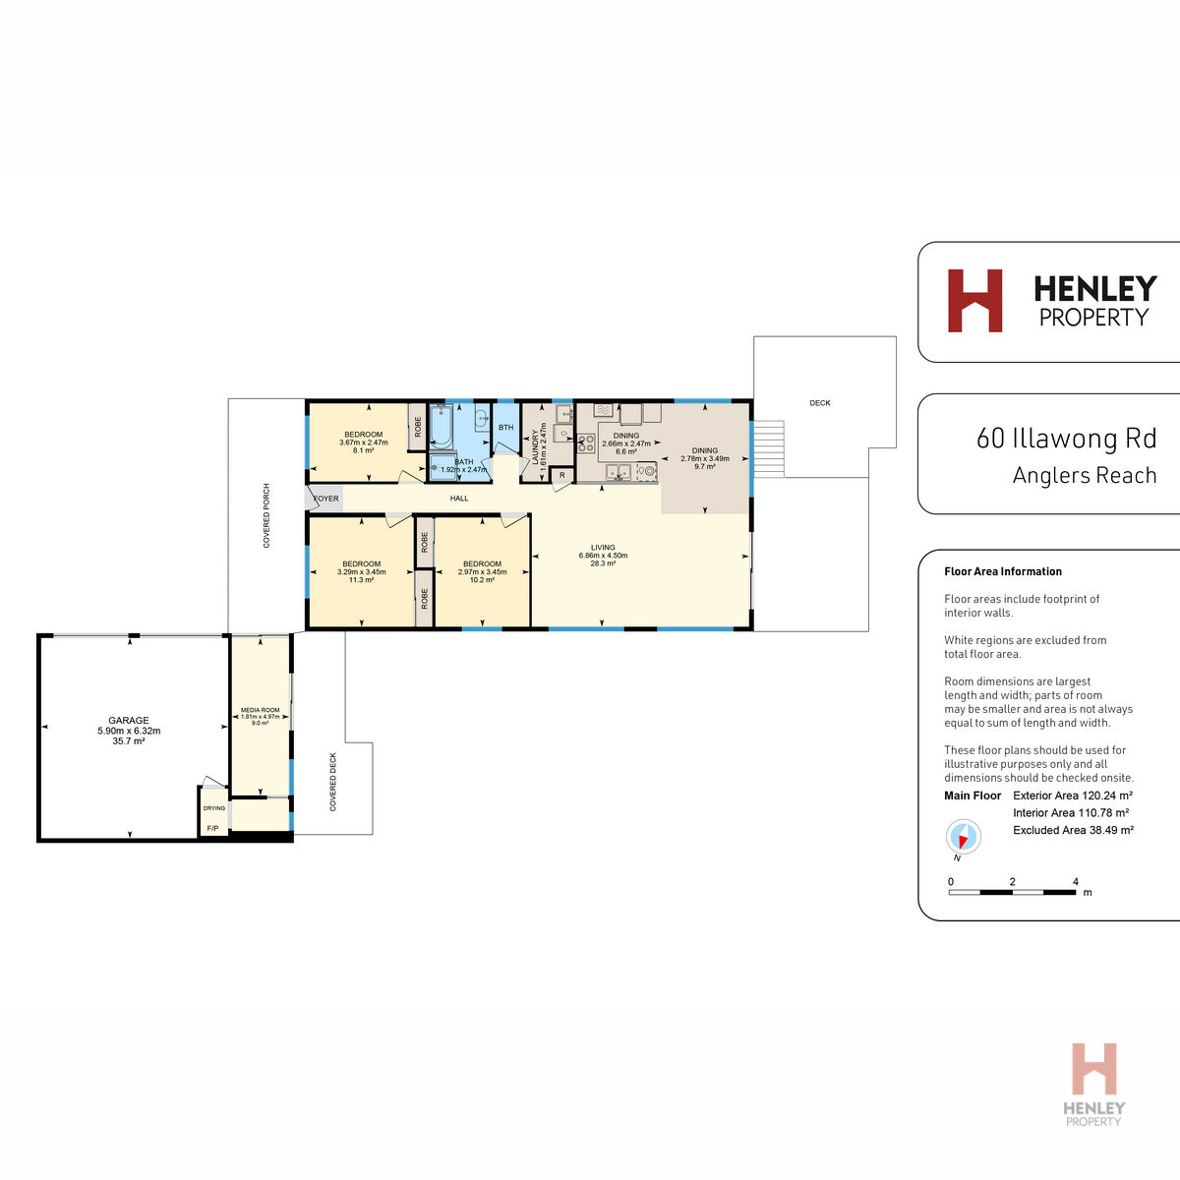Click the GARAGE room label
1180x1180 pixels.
coord(129,721)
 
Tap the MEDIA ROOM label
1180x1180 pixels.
coord(261,710)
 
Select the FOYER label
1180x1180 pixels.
coord(325,499)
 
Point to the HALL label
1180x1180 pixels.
coord(459,499)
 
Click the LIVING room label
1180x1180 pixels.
coord(603,548)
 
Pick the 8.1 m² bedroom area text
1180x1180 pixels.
coord(364,451)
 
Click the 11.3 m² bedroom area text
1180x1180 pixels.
coord(361,580)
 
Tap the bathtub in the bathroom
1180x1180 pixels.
coord(440,427)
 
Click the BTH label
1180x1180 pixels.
coord(505,428)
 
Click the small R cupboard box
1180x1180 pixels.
coord(561,476)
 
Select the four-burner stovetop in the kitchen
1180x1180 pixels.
coord(587,442)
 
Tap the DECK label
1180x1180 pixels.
coord(820,403)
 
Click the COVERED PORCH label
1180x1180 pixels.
coord(266,515)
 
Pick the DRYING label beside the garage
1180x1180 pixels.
coord(214,808)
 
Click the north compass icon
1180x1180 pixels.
coord(963,838)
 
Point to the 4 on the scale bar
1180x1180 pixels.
coord(1076,882)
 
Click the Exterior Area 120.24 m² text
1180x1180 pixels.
coord(1073,796)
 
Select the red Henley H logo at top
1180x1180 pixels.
coord(974,300)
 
